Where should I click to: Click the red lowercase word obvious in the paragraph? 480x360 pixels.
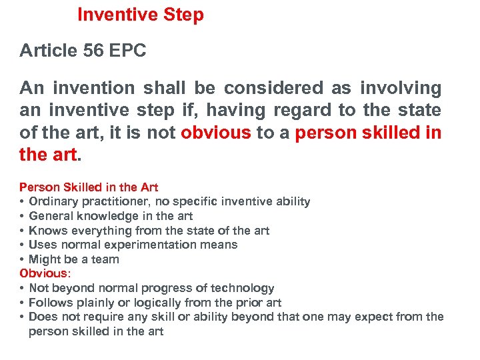point(216,133)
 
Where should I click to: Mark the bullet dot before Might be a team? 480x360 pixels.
point(23,259)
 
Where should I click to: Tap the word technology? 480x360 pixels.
point(241,288)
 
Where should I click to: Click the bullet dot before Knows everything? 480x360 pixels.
point(23,230)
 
